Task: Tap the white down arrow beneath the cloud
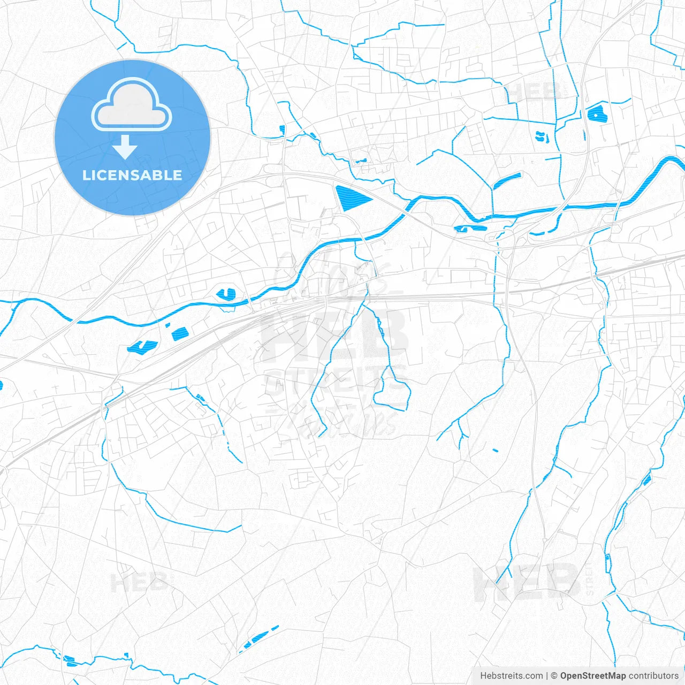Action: [125, 147]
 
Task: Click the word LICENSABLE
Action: [132, 175]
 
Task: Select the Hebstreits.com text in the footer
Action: [511, 676]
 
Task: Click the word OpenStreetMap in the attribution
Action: [592, 676]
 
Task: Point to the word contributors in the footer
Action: [653, 676]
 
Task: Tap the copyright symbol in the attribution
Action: [554, 676]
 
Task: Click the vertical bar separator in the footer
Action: [547, 676]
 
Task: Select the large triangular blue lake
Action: [351, 197]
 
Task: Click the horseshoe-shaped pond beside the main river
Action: [226, 294]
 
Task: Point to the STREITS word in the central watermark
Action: [334, 381]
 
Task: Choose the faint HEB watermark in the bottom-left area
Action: [139, 582]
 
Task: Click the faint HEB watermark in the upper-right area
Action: [535, 92]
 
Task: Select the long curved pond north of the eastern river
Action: [506, 180]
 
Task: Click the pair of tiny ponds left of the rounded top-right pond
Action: [542, 136]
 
